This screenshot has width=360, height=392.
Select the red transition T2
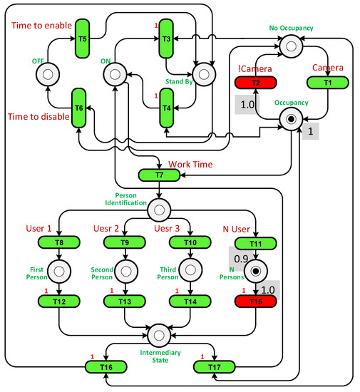click(x=255, y=83)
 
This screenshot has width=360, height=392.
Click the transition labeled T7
click(x=158, y=175)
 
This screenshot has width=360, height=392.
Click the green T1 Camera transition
click(x=328, y=83)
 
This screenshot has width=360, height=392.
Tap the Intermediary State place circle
click(x=158, y=332)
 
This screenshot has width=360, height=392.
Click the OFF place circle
click(x=50, y=73)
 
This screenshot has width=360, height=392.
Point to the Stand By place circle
click(x=203, y=73)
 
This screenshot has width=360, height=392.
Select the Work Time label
click(x=190, y=164)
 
